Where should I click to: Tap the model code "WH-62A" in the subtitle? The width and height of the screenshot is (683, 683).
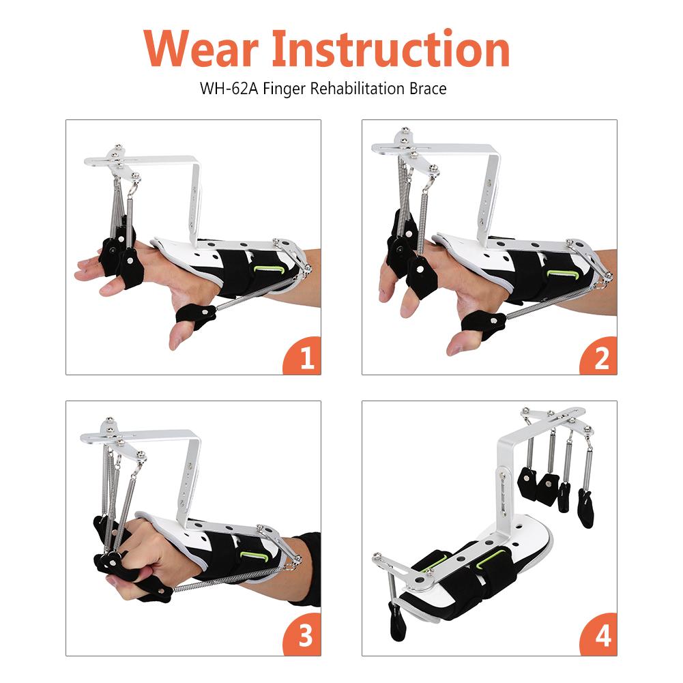pyautogui.click(x=229, y=89)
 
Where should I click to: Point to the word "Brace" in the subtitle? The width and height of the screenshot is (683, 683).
pyautogui.click(x=428, y=89)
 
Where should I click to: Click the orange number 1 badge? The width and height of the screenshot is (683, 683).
pyautogui.click(x=303, y=356)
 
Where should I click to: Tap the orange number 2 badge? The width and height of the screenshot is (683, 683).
pyautogui.click(x=600, y=356)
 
